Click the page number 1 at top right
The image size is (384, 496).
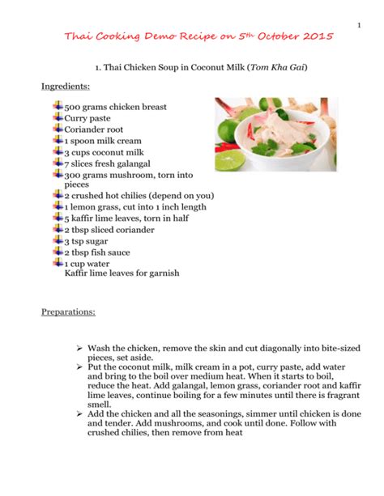coord(358,22)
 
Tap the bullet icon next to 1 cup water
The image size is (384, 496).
coord(58,263)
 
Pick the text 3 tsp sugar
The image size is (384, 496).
coord(89,240)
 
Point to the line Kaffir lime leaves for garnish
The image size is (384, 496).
coord(122,273)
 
